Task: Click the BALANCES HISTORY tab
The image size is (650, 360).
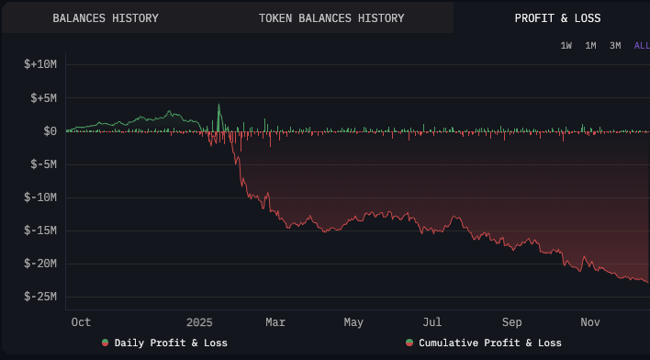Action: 106,18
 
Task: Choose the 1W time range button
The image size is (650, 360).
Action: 566,46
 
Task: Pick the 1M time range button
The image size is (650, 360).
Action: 590,46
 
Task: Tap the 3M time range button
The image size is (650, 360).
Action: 615,46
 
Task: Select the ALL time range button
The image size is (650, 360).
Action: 641,46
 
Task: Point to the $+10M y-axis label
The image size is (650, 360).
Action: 40,65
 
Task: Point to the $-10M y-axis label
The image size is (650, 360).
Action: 40,197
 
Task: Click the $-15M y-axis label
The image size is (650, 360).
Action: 40,231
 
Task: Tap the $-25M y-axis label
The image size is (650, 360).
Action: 40,297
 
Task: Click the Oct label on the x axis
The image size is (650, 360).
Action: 81,322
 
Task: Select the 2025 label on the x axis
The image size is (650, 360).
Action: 199,322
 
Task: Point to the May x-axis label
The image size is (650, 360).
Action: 353,322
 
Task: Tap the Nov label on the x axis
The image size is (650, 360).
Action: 591,322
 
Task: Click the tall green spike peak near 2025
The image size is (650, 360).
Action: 219,104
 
